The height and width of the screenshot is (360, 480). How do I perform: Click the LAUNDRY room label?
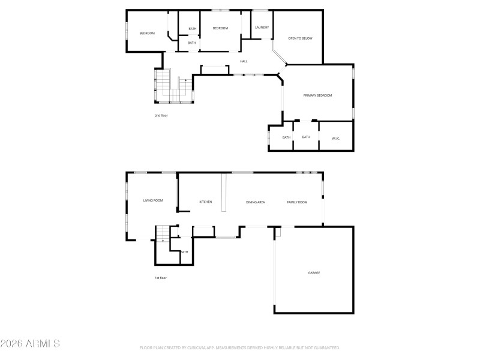[262, 28]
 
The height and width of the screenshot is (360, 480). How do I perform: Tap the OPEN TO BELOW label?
[298, 38]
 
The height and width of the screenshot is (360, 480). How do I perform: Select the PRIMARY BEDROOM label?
[317, 95]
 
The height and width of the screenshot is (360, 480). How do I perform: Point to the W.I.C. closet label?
[336, 139]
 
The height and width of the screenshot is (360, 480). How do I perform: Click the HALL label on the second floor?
[244, 61]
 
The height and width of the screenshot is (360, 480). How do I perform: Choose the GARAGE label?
[314, 273]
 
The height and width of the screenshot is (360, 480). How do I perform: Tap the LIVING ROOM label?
[153, 200]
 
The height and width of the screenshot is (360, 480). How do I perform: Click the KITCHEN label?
[206, 202]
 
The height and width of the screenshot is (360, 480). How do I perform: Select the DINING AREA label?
[256, 202]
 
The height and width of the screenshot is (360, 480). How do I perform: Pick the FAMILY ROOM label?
[297, 202]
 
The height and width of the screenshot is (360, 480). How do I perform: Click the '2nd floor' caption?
[161, 115]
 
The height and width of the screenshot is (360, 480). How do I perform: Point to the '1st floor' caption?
[161, 278]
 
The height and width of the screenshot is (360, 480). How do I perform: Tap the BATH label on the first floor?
[184, 252]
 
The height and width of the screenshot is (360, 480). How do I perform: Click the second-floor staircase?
[165, 84]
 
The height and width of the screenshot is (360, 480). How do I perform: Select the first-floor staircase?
[163, 233]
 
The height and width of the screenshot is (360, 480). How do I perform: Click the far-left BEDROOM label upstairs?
[147, 34]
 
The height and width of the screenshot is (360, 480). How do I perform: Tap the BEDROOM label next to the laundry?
[220, 28]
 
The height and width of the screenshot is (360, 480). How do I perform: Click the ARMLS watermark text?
[30, 344]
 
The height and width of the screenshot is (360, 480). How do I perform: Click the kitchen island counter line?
[224, 193]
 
